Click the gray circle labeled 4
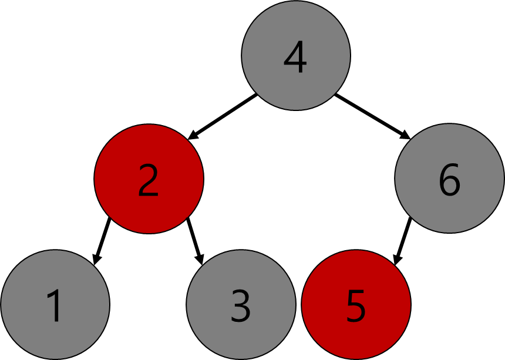pyautogui.click(x=295, y=55)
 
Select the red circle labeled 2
pyautogui.click(x=149, y=179)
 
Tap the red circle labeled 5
pyautogui.click(x=356, y=304)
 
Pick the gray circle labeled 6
pyautogui.click(x=449, y=178)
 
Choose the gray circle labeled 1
pyautogui.click(x=55, y=304)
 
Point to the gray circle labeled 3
pyautogui.click(x=241, y=304)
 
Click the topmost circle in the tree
pyautogui.click(x=295, y=55)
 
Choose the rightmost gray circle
pyautogui.click(x=449, y=178)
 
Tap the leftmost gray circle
pyautogui.click(x=55, y=304)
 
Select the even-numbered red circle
pyautogui.click(x=149, y=179)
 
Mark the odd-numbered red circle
pyautogui.click(x=356, y=304)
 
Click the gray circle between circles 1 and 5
pyautogui.click(x=241, y=304)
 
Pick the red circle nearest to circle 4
pyautogui.click(x=149, y=179)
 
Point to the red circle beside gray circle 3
pyautogui.click(x=356, y=304)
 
